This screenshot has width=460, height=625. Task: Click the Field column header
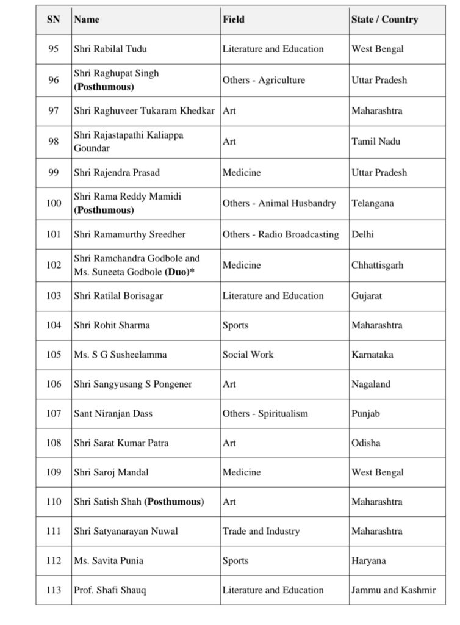[x=234, y=20]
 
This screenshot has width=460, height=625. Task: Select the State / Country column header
[x=384, y=20]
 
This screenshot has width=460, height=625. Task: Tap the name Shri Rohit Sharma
[x=112, y=325]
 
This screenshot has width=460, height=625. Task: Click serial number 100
[x=54, y=203]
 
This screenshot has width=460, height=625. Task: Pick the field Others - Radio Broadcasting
[x=281, y=234]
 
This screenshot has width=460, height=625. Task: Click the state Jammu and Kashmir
[x=394, y=590]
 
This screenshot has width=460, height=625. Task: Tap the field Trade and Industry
[x=261, y=531]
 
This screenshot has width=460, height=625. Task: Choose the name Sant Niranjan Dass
[x=113, y=414]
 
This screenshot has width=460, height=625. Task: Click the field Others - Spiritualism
[x=265, y=414]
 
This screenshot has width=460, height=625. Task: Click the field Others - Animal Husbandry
[x=279, y=203]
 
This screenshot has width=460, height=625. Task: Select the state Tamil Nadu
[x=373, y=142]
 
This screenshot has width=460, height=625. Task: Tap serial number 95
[x=54, y=49]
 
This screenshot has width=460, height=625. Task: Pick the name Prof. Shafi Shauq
[x=110, y=590]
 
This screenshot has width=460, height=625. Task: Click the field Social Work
[x=248, y=355]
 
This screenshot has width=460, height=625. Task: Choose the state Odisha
[x=366, y=443]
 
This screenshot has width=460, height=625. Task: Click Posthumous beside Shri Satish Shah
[x=174, y=502]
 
